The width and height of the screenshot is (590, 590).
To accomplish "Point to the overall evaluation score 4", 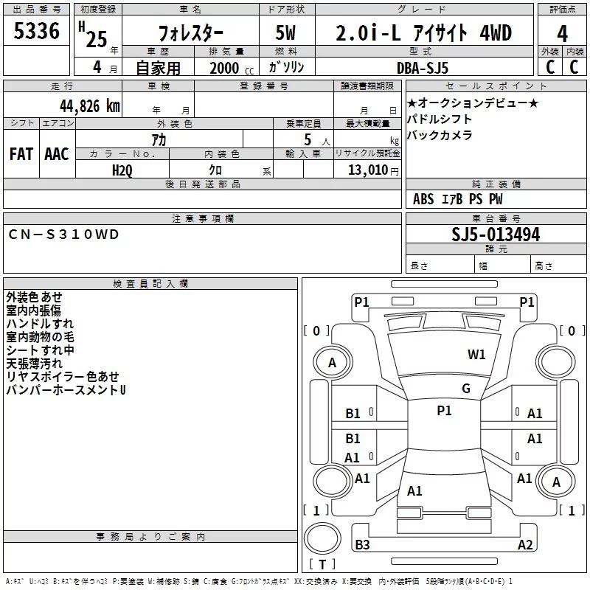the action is (563, 33).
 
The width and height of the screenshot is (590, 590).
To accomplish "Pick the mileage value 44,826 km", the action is (75, 106).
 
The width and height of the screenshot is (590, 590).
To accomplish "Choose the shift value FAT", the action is (21, 153).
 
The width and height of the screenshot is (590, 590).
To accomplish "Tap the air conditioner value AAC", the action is (57, 153).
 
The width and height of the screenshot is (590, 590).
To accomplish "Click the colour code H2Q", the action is (122, 170).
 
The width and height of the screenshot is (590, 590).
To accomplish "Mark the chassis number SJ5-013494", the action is (496, 235).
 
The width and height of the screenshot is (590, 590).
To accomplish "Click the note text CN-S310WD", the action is (63, 235).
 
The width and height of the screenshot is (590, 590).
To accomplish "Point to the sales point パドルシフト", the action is (440, 119).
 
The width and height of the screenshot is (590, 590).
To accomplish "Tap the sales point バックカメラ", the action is (440, 135).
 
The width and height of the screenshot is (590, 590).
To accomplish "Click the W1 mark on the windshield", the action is (476, 355).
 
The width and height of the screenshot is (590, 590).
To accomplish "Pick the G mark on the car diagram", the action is (466, 389).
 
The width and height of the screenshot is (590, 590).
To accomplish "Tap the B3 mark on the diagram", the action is (362, 545).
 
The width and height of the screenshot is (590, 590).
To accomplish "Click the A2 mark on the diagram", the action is (525, 545).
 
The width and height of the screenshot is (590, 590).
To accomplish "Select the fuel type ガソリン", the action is (285, 67).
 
